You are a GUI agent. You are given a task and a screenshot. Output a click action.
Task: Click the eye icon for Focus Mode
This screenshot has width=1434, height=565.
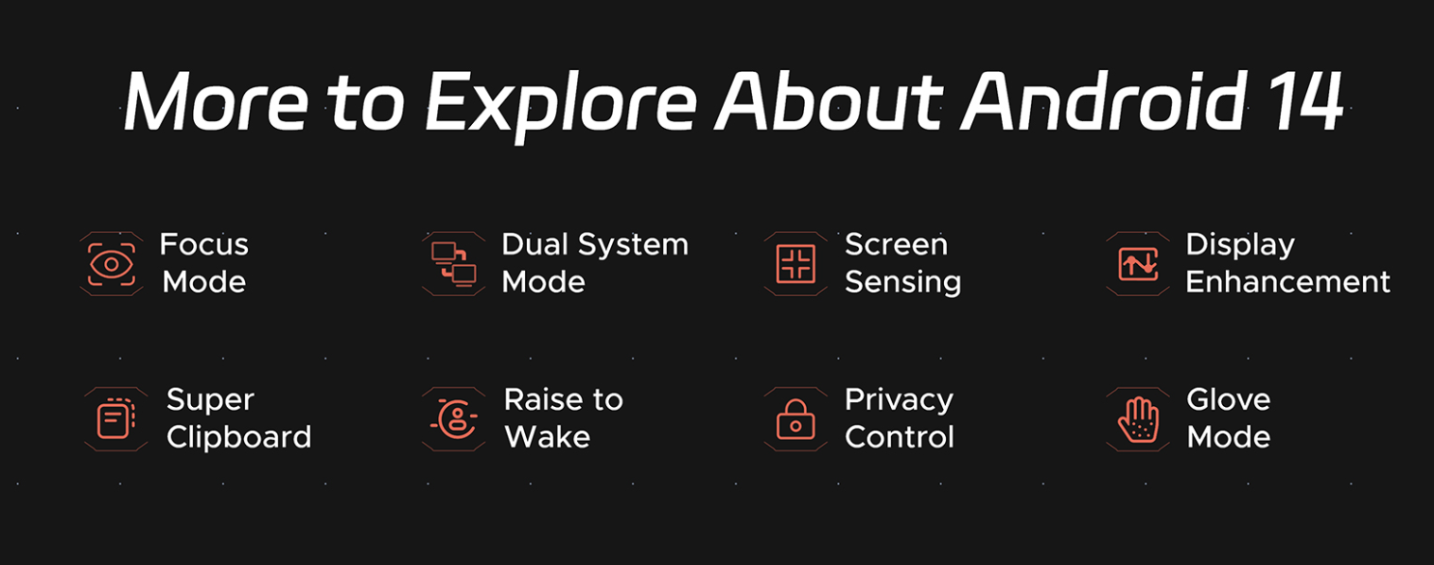[x=112, y=264]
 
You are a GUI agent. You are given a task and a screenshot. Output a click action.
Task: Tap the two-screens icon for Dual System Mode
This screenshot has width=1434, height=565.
[x=454, y=264]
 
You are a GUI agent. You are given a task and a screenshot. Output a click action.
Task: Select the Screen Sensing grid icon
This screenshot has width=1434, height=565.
[x=796, y=264]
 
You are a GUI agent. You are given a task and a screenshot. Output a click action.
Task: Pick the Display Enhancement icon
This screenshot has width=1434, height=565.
[x=1138, y=264]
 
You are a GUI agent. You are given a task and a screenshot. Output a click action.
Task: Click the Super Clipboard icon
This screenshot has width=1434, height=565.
[x=115, y=419]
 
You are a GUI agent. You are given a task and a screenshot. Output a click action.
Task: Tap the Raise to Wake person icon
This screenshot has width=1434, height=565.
[x=455, y=419]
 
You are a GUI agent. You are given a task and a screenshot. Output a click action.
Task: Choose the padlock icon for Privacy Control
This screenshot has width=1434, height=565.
[x=796, y=419]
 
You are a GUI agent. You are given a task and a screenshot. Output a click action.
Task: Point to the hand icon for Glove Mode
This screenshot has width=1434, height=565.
[x=1138, y=419]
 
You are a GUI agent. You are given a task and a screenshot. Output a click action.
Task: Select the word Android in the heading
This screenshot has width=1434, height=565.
[x=1104, y=100]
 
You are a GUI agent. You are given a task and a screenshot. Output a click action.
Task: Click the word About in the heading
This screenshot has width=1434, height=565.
[x=829, y=100]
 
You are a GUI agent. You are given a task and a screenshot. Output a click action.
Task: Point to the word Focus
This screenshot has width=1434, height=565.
[x=204, y=245]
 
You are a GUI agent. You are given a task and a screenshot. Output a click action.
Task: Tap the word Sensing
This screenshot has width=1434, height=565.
[x=903, y=283]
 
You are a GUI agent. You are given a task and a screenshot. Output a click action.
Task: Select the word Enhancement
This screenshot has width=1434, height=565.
[x=1288, y=282]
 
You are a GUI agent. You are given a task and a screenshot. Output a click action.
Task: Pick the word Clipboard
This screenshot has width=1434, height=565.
[x=238, y=438]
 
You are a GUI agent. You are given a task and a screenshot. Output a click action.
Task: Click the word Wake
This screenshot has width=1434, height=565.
[x=548, y=437]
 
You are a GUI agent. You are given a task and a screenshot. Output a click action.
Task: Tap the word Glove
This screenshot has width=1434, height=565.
[x=1229, y=399]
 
